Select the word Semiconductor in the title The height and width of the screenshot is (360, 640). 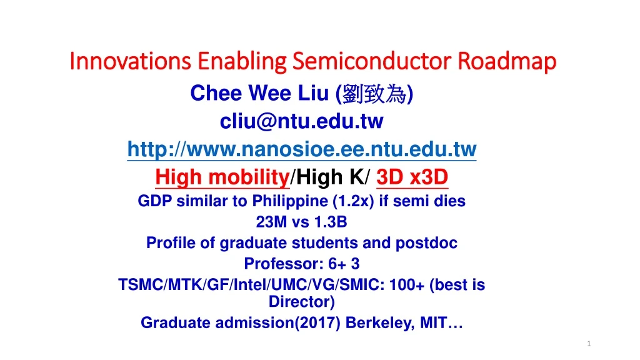371,62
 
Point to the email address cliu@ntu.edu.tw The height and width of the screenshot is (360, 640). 301,121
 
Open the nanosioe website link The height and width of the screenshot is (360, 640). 301,150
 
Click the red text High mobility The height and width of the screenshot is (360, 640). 222,178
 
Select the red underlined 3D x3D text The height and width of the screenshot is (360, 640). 412,178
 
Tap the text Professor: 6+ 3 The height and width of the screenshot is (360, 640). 301,264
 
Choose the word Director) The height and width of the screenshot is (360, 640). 301,302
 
